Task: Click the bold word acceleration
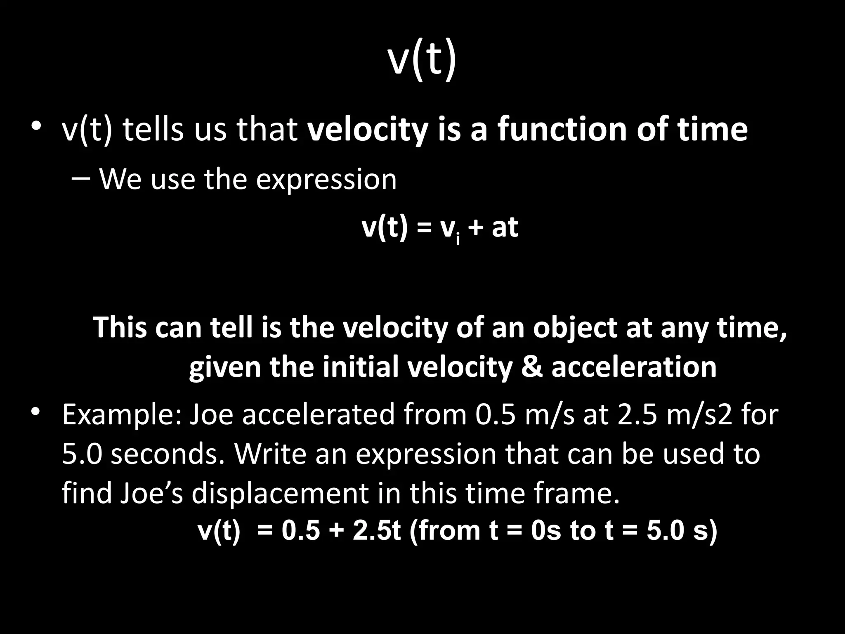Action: click(x=634, y=367)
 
